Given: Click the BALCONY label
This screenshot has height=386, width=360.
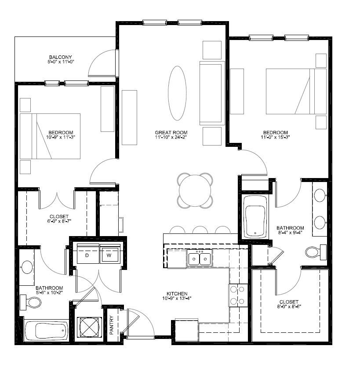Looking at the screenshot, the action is click(60, 57).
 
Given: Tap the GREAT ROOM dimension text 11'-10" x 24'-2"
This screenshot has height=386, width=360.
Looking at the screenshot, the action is click(171, 137).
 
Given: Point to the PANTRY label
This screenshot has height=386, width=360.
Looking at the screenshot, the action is click(112, 325).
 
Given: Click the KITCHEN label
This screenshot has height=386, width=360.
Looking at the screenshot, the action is click(177, 294).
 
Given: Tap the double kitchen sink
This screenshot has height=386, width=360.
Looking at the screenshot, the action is click(200, 258).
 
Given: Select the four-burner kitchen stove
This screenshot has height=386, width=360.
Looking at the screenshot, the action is click(238, 295).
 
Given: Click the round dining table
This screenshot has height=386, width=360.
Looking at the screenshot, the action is click(195, 190).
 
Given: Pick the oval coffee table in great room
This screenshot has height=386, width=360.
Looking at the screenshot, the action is click(177, 93).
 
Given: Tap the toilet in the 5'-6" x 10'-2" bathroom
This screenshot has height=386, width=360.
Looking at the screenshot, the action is click(30, 302).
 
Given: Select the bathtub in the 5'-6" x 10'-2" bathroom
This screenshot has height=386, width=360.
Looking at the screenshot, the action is click(47, 330).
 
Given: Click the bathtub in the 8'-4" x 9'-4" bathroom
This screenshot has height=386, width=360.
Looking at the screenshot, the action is click(255, 217).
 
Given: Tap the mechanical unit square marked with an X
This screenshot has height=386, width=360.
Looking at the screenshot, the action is click(89, 327).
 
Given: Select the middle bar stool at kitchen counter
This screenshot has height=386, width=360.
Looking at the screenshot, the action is click(200, 230).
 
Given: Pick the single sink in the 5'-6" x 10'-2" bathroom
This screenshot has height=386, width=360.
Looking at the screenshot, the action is click(27, 267).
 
